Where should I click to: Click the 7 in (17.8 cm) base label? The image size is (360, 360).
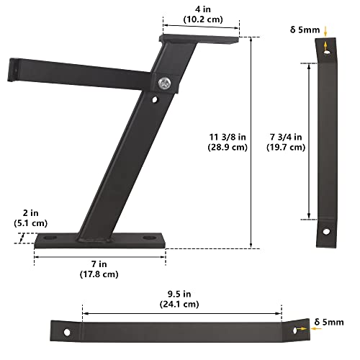99,269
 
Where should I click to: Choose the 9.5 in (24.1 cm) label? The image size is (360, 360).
181,298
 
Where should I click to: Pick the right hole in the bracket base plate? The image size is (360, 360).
149,238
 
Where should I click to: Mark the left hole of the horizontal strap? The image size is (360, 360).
67,333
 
